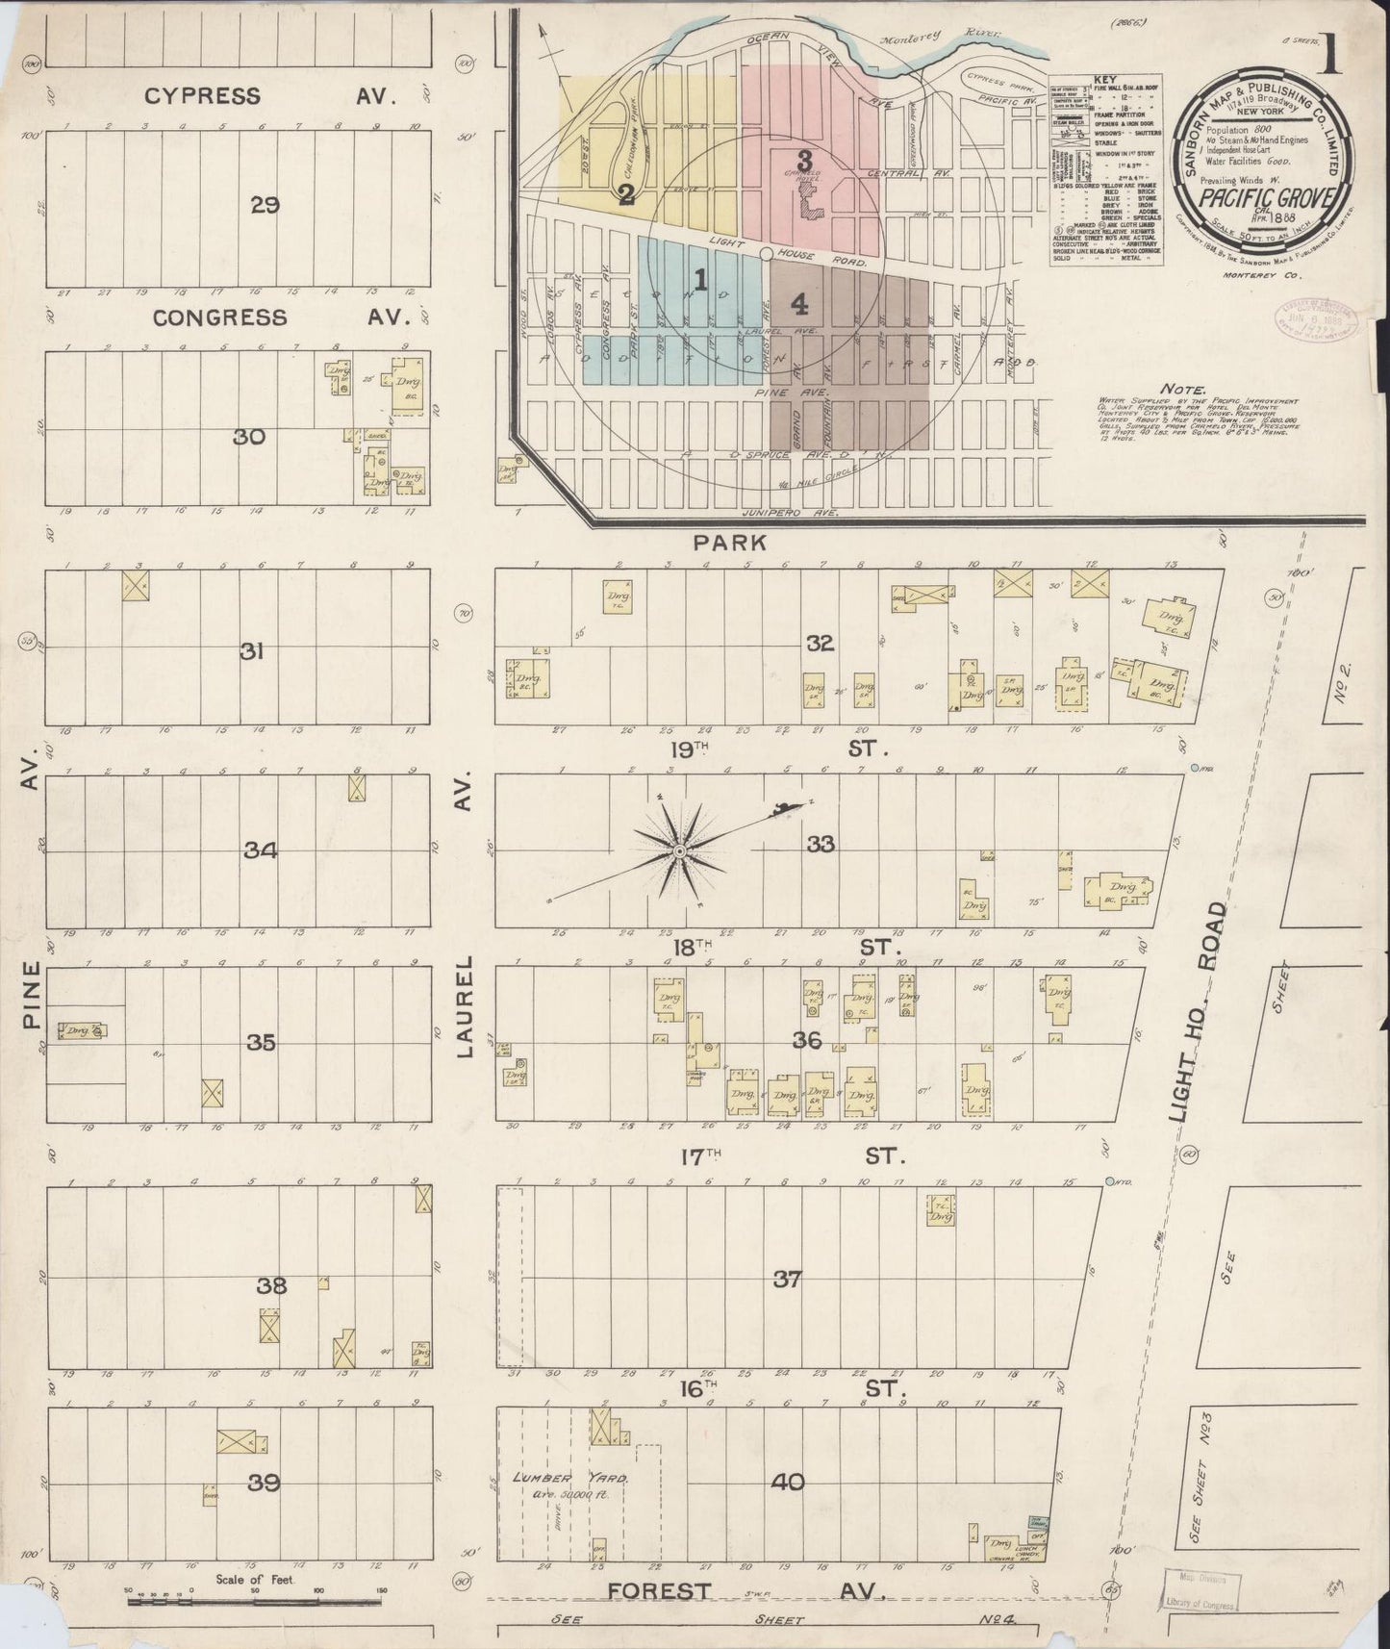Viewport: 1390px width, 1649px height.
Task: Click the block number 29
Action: click(264, 205)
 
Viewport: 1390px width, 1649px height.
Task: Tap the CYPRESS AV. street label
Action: click(284, 96)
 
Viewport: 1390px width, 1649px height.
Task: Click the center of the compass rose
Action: click(679, 852)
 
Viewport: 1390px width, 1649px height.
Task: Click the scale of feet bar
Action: click(254, 1602)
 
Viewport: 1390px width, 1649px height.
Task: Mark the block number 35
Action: click(261, 1042)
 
